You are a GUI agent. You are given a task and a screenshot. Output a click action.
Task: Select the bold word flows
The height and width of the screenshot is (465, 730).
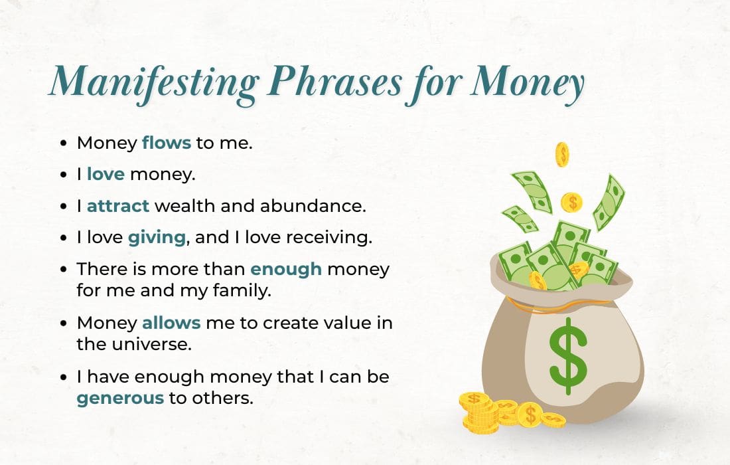tap(167, 142)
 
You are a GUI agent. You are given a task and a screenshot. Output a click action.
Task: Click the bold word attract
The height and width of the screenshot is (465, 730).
tap(118, 206)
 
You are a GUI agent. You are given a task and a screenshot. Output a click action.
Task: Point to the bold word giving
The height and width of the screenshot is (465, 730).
tap(156, 238)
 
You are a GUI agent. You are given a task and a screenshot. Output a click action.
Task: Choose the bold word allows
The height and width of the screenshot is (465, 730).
tap(171, 323)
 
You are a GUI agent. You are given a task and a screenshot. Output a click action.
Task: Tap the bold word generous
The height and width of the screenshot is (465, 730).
tap(119, 399)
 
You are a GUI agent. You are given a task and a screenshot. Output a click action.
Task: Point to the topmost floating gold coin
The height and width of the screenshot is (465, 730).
tap(562, 154)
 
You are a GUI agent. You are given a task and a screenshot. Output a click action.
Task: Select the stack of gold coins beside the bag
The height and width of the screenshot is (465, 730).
tap(478, 412)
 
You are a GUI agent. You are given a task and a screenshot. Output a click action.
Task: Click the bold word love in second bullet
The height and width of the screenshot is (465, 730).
tap(106, 174)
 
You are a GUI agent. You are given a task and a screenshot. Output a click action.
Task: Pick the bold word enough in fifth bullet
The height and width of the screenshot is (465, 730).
tap(286, 270)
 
